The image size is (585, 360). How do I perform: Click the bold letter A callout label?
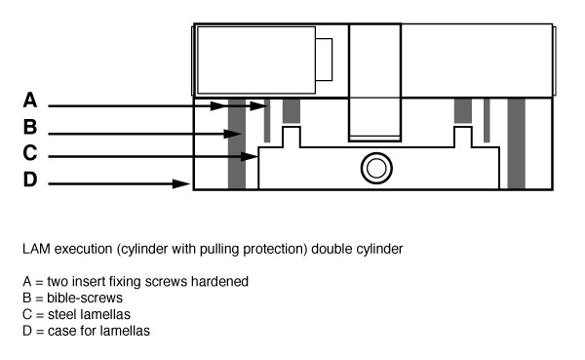coord(30,100)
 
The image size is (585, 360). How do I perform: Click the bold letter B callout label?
coord(30,127)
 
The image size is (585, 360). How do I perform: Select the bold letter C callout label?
coord(30,153)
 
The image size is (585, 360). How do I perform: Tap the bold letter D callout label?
coord(30,180)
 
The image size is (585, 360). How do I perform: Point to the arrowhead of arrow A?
coord(260,105)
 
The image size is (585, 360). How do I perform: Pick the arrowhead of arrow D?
coord(184,182)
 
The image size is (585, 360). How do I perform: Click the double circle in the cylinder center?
coord(373,169)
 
